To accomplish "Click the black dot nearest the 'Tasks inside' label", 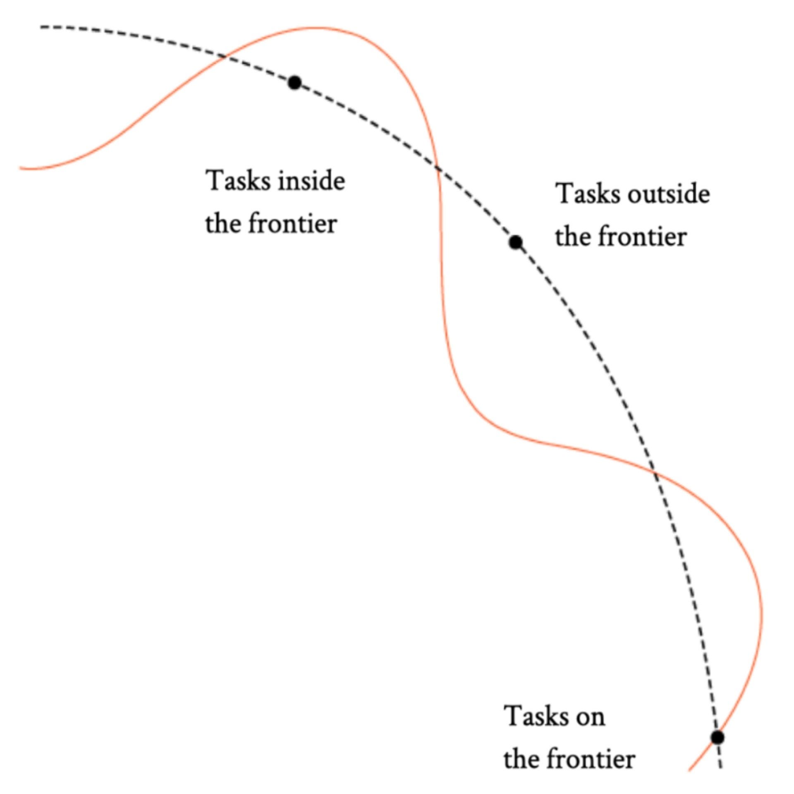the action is [294, 83].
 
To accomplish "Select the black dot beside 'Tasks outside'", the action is [515, 242].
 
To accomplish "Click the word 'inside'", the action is [311, 181].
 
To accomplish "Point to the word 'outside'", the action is [669, 194].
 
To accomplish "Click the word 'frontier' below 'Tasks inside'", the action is [292, 224].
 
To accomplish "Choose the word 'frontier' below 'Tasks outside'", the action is [643, 237].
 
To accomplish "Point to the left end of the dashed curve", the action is [41, 27].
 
